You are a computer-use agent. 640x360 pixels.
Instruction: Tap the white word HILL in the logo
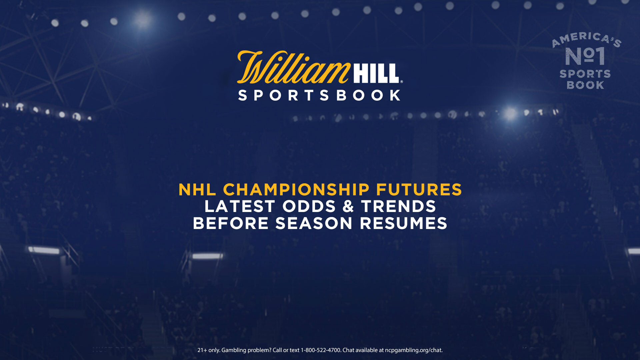coord(376,73)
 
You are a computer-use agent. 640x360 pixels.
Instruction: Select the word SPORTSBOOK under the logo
coord(319,95)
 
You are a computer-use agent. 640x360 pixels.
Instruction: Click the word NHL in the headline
coord(197,190)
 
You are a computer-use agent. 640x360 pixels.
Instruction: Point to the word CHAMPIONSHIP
coord(296,190)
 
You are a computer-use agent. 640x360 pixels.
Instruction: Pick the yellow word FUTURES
coord(419,190)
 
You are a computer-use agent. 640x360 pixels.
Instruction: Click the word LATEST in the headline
coord(240,206)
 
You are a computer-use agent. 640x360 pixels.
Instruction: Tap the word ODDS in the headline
coord(309,206)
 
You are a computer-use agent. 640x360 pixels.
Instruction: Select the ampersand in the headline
coord(348,206)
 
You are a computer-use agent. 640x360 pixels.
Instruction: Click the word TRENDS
coord(398,206)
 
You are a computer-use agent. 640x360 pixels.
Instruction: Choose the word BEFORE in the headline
coord(231,223)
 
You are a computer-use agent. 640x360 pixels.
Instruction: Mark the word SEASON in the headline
coord(314,223)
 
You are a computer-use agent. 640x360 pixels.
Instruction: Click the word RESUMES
coord(403,223)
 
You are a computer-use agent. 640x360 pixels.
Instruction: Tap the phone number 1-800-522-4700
coord(321,350)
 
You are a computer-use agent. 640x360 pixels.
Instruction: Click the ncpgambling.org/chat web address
coord(414,350)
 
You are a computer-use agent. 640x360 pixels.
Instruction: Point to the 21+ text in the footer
coord(202,350)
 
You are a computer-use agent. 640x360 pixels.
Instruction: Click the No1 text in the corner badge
coord(585,56)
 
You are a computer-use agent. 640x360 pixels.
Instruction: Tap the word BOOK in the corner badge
coord(585,85)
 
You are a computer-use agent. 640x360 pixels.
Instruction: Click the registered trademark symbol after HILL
coord(401,81)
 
